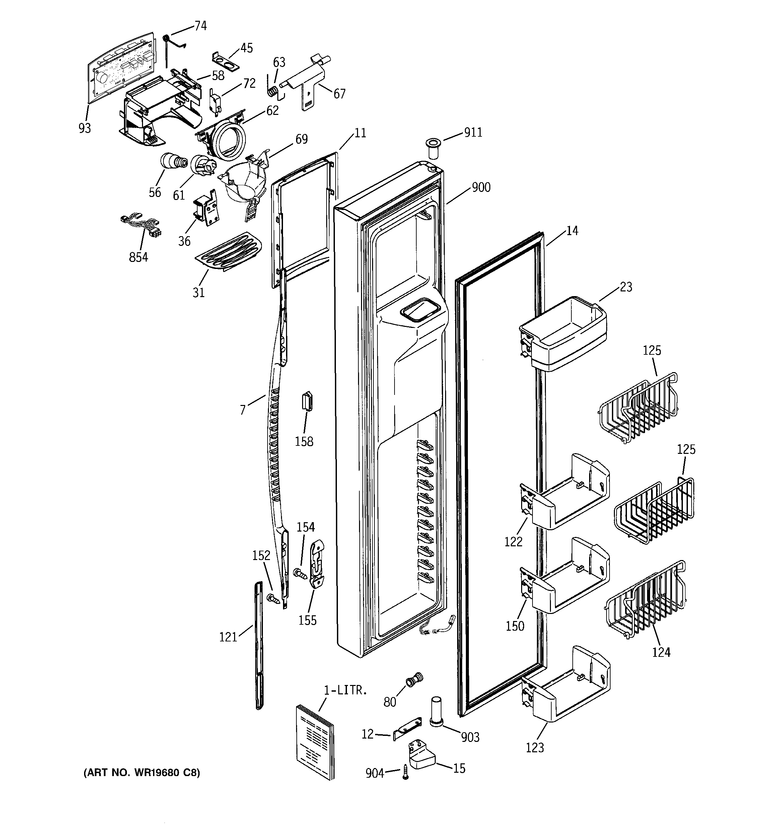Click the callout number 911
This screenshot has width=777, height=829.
473,133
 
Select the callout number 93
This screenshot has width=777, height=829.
85,128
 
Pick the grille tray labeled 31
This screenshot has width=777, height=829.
228,252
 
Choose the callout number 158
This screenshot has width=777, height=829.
304,441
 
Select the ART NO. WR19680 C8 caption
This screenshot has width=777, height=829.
142,773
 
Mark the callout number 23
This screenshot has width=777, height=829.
626,287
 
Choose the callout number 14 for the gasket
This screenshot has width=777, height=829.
572,230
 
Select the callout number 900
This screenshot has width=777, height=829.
481,187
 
